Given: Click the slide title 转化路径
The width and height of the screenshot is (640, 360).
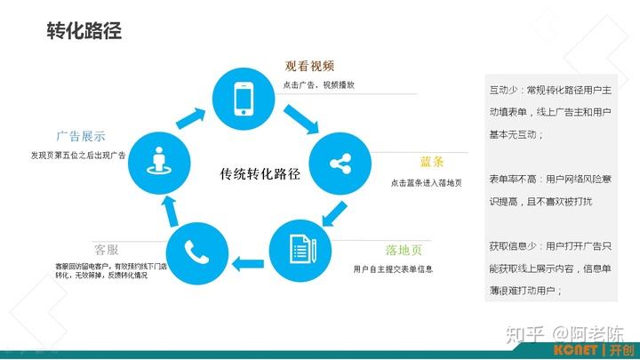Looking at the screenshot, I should [84, 31].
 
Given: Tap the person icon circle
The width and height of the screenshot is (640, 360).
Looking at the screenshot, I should [161, 162].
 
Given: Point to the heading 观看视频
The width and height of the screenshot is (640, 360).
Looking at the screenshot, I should [309, 66].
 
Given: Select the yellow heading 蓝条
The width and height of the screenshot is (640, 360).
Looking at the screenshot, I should [431, 162].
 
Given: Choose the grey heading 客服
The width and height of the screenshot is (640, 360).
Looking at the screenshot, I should [107, 249].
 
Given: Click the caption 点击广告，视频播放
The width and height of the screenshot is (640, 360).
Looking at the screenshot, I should [319, 85].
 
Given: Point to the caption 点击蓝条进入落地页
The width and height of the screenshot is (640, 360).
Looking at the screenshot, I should [426, 183].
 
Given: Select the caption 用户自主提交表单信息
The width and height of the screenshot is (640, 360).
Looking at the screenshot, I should [392, 268].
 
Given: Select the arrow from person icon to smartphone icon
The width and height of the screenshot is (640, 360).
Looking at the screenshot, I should [191, 116].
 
